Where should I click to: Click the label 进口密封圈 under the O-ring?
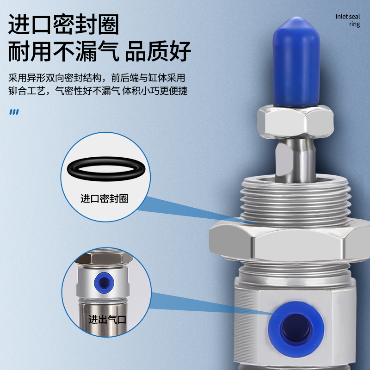[104, 199]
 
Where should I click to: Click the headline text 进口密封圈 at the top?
[64, 25]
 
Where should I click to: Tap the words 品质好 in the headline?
[159, 52]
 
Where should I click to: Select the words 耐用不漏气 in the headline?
[64, 52]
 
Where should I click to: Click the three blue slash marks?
[14, 111]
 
